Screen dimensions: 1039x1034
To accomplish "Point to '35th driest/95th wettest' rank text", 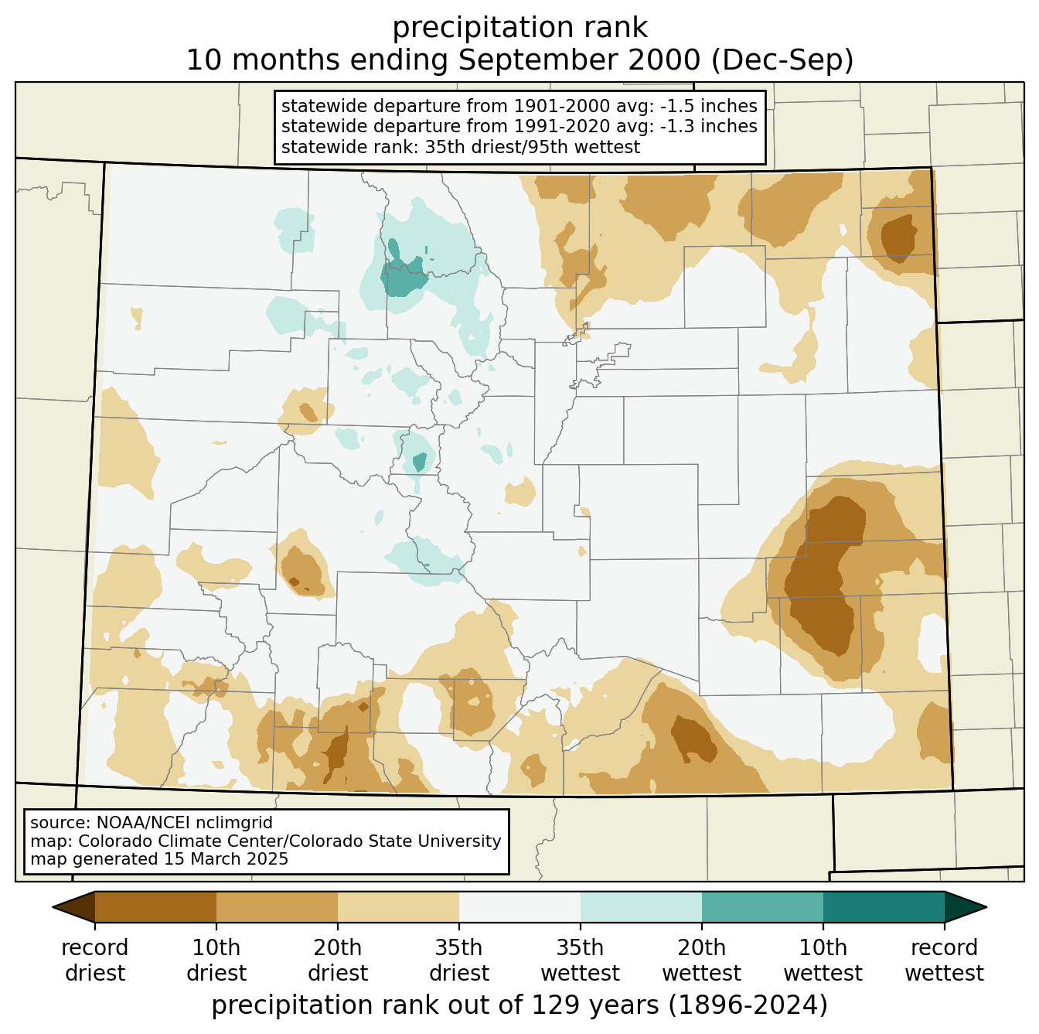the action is [x=532, y=147].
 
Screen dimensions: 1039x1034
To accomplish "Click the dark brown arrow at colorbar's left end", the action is [x=74, y=907].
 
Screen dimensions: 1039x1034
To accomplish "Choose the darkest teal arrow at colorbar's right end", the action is [x=966, y=907].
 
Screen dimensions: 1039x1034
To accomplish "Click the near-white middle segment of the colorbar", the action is [x=519, y=907].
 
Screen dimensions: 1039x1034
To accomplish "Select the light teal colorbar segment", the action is [x=641, y=907].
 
